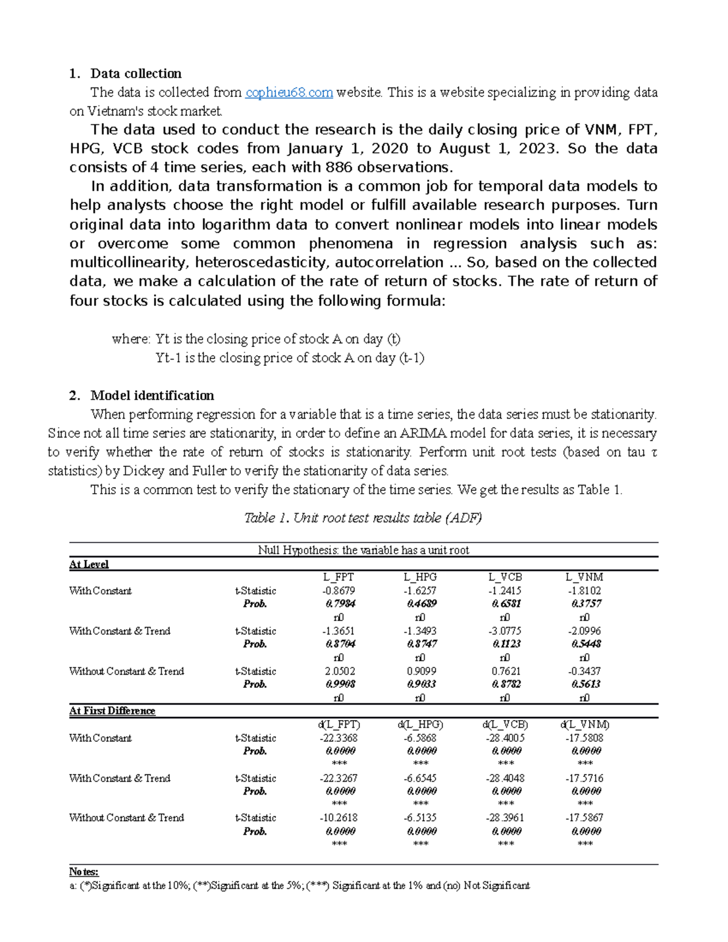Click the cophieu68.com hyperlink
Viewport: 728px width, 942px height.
coord(289,92)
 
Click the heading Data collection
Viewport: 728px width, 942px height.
coord(136,73)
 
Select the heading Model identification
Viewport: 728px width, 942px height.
coord(152,395)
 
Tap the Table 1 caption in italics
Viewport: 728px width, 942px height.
coord(363,517)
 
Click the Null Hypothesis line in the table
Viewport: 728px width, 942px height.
coord(363,550)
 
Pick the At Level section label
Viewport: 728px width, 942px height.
coord(89,564)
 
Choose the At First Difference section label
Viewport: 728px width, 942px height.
coord(112,711)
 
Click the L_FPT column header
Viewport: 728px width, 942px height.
coord(339,577)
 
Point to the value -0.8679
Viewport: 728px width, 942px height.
coord(339,591)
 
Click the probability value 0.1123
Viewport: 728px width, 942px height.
coord(506,644)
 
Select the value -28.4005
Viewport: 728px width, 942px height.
coord(505,738)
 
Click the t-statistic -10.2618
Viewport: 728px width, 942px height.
coord(339,818)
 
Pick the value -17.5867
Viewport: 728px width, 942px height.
coord(584,818)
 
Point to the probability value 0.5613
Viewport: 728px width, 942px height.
coord(585,684)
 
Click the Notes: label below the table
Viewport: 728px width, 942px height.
coord(84,872)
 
